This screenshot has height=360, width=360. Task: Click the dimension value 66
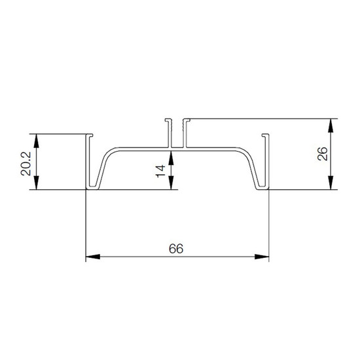176,249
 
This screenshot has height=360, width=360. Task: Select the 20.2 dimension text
26,164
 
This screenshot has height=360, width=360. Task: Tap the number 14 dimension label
160,171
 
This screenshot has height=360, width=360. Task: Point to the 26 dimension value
322,154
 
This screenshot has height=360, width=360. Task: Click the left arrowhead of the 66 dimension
93,257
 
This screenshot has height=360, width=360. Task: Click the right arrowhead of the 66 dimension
262,257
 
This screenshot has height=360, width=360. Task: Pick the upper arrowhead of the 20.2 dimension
36,141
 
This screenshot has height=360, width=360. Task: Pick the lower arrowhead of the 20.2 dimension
36,183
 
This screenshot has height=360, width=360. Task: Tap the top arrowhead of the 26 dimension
331,126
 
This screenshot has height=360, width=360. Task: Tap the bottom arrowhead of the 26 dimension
331,183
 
